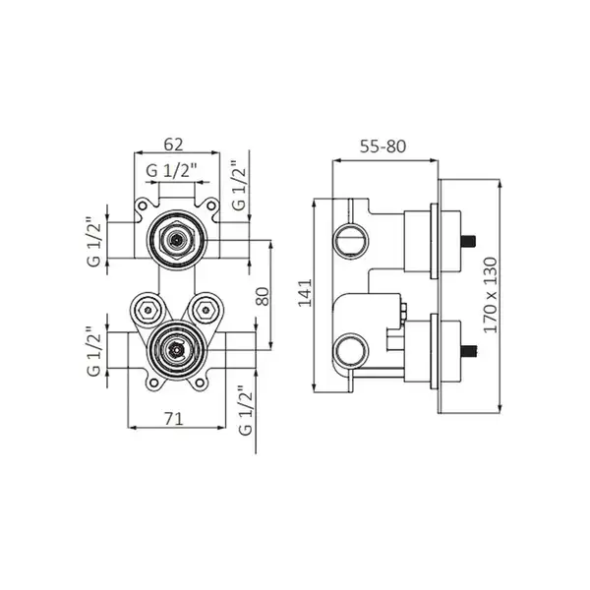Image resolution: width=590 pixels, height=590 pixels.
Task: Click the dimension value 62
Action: [173, 145]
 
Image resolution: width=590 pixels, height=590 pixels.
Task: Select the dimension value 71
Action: [174, 419]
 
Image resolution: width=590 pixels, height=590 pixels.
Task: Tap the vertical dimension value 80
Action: [263, 297]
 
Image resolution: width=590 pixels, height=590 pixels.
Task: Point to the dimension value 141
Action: [305, 293]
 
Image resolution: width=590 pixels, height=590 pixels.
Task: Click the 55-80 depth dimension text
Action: [383, 147]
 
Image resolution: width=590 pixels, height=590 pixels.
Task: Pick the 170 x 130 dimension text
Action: [491, 295]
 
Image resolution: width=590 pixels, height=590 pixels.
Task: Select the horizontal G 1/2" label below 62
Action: [171, 171]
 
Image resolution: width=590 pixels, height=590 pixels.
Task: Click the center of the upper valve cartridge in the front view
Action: [176, 240]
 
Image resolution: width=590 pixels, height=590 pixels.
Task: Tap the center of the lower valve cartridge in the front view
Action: [176, 350]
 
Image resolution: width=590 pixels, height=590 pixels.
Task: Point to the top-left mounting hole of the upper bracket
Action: [142, 206]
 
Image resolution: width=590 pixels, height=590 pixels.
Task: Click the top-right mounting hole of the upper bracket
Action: [211, 206]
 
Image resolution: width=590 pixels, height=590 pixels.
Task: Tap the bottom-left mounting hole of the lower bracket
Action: [153, 383]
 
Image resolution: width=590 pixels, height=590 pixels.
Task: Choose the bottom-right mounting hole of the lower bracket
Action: [200, 383]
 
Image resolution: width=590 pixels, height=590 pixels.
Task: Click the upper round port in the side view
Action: [351, 241]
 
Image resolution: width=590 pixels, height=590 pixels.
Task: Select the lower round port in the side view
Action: [351, 351]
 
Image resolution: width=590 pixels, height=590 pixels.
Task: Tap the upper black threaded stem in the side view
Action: [469, 241]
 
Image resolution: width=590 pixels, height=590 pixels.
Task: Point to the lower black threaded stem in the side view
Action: [469, 351]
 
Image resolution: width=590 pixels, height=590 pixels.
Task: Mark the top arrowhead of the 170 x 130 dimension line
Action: [500, 183]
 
